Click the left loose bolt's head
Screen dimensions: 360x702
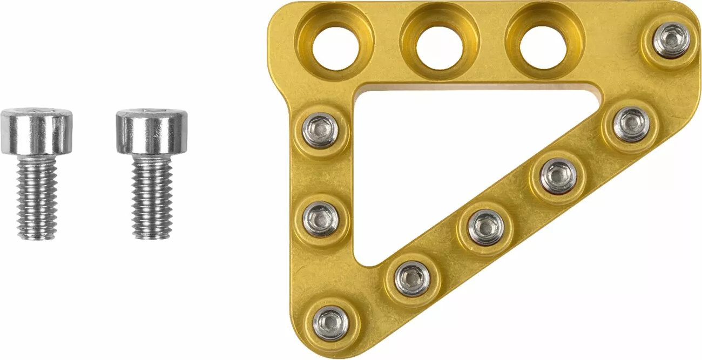[36, 131]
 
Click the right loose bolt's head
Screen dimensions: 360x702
[152, 131]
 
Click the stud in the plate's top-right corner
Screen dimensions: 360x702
[671, 40]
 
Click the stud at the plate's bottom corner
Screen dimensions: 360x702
[330, 322]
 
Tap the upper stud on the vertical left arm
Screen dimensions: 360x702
[320, 130]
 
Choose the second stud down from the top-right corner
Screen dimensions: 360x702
[631, 124]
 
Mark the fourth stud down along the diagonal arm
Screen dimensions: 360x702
[485, 227]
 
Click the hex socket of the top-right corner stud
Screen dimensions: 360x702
[671, 39]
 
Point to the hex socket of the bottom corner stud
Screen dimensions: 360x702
[330, 322]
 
